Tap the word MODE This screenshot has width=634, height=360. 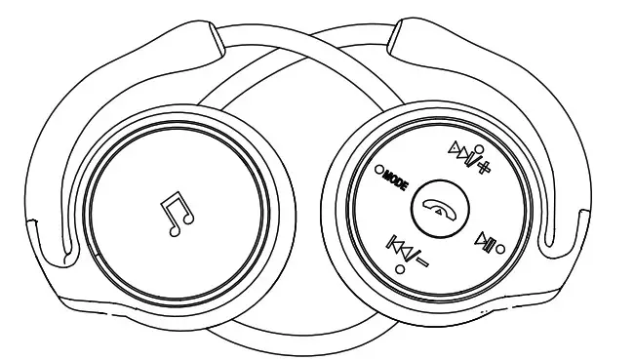point(395,177)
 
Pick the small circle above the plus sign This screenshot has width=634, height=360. point(478,139)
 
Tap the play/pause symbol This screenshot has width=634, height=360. point(485,240)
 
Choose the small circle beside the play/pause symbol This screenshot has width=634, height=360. point(501,248)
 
